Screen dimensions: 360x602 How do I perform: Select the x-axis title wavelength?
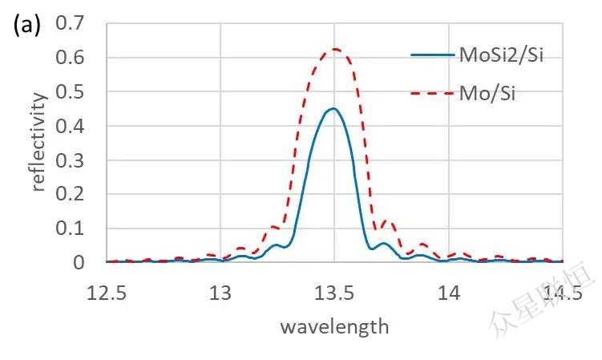coord(334,326)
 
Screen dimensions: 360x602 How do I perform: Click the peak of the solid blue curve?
coord(333,108)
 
